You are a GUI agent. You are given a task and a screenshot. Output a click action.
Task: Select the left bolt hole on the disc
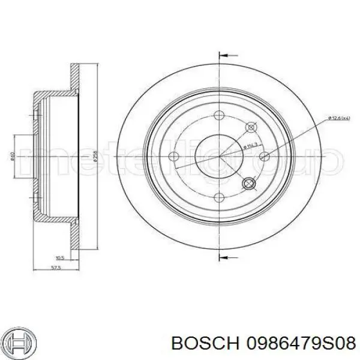[x=174, y=158]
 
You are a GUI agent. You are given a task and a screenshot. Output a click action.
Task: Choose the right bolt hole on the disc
[x=265, y=158]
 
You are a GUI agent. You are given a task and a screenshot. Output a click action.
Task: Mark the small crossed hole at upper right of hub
[x=251, y=127]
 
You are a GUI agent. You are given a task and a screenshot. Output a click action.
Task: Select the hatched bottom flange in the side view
[x=75, y=238]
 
